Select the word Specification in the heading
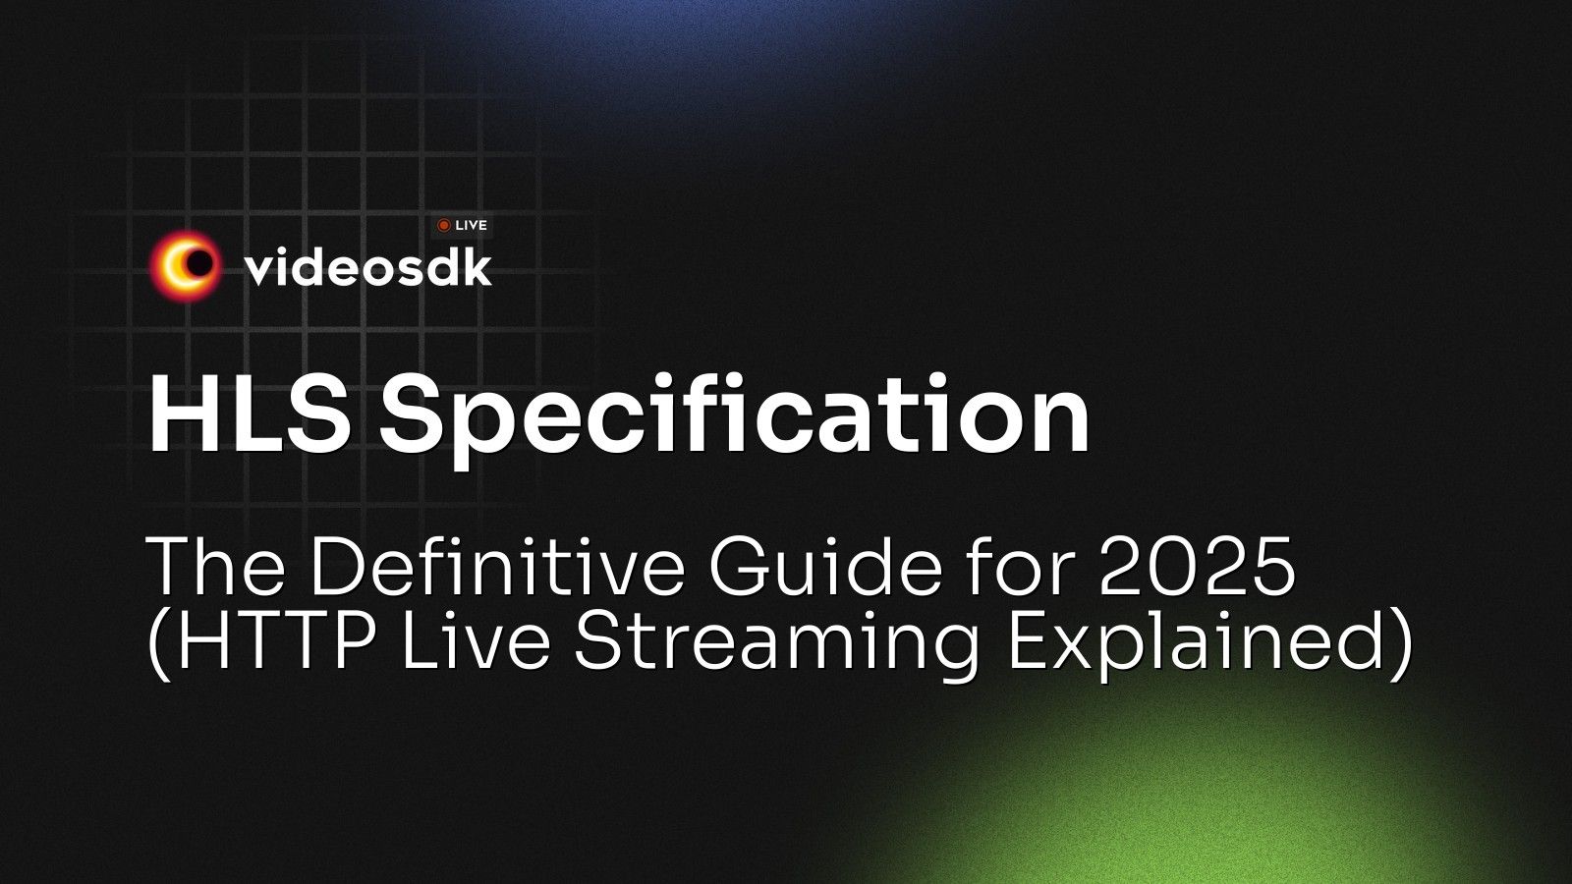pos(735,417)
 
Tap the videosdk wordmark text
pos(367,267)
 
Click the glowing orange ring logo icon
pos(185,264)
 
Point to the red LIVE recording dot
pos(444,226)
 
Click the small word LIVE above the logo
pos(471,226)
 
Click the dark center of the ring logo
pos(199,263)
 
